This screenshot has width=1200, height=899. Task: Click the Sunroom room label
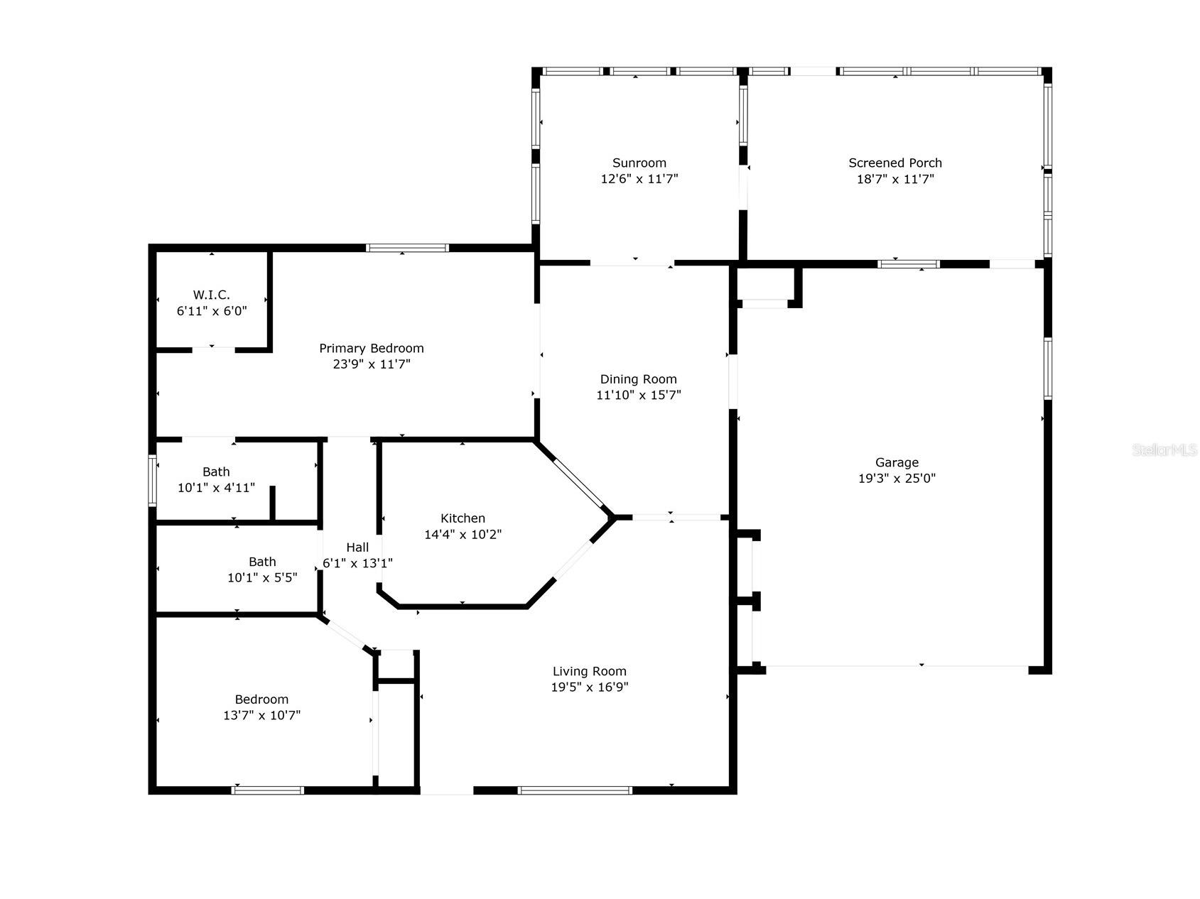point(639,163)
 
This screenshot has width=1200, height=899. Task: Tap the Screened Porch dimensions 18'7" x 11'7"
point(894,179)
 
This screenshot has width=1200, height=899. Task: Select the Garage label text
point(897,462)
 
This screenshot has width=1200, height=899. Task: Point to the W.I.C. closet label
point(211,295)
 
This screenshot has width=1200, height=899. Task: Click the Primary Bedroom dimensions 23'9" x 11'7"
point(371,364)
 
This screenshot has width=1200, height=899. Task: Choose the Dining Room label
point(638,379)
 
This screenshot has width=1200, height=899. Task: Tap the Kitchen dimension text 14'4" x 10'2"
point(463,535)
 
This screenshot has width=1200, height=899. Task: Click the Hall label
point(357,547)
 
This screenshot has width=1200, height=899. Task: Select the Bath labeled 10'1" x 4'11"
point(216,480)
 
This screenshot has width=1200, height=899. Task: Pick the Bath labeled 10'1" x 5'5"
point(262,570)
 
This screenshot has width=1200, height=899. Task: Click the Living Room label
point(589,671)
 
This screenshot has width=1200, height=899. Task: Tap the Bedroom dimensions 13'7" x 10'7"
point(261,715)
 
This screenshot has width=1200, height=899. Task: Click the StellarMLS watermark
point(1164,450)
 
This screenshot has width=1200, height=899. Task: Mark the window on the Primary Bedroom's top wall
point(407,248)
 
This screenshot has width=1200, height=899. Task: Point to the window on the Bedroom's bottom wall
point(268,790)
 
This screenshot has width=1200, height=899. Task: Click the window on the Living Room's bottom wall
point(575,790)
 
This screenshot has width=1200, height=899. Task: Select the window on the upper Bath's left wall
point(152,481)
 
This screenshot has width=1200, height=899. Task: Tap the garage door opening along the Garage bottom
point(897,666)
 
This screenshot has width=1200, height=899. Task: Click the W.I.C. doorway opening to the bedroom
point(213,349)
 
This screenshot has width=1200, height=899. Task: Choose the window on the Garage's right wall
point(1047,369)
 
